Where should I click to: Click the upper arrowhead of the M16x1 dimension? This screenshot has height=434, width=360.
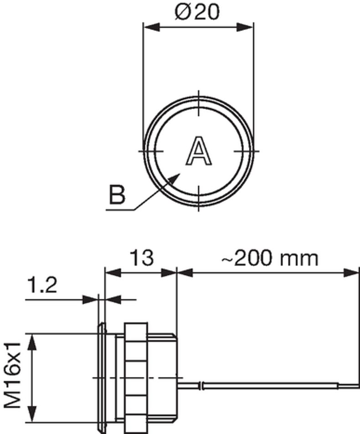click(31, 341)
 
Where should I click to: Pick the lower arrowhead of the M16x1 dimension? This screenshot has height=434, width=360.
click(31, 414)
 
